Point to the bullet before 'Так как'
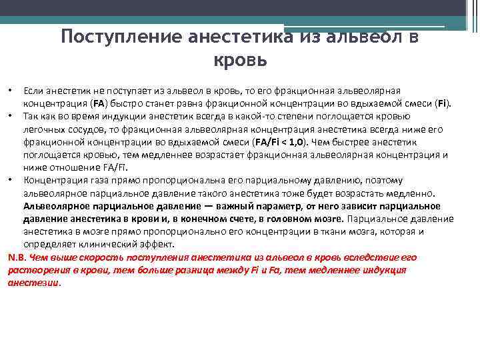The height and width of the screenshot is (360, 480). [x=10, y=115]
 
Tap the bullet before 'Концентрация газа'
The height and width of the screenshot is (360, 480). [x=10, y=180]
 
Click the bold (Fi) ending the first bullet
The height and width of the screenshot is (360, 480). [x=443, y=103]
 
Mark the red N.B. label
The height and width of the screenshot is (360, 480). [x=17, y=257]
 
